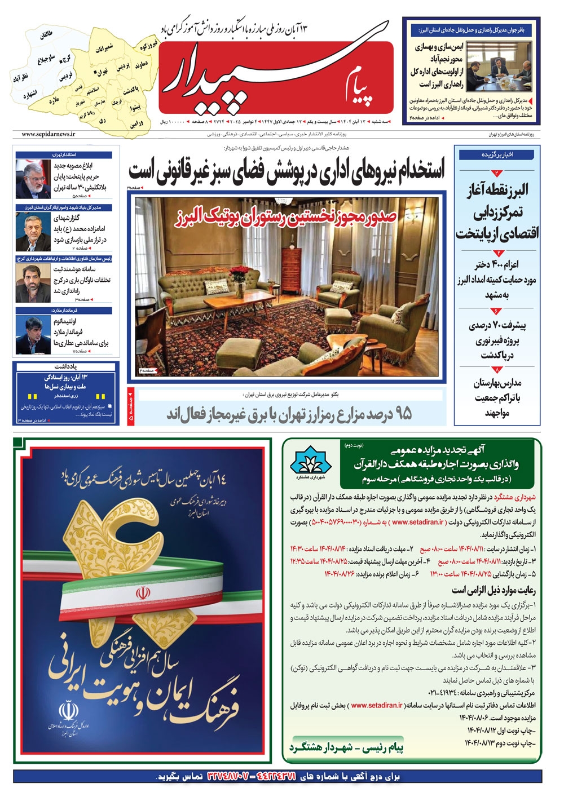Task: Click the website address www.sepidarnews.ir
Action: tap(49, 134)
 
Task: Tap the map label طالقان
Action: tap(46, 35)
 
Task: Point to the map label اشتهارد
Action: tap(30, 95)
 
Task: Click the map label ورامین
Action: tap(136, 123)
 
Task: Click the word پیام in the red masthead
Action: tap(361, 85)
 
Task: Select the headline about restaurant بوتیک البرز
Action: tap(290, 215)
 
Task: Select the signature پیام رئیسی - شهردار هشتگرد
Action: tap(346, 747)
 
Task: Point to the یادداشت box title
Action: tap(66, 366)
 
